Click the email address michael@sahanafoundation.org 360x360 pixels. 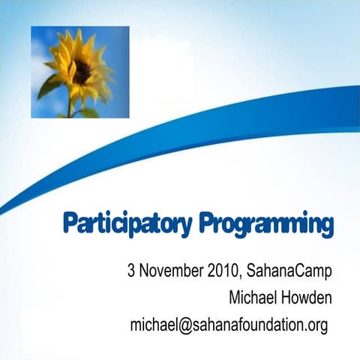229,325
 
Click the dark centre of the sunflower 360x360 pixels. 82,70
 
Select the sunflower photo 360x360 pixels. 79,72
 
